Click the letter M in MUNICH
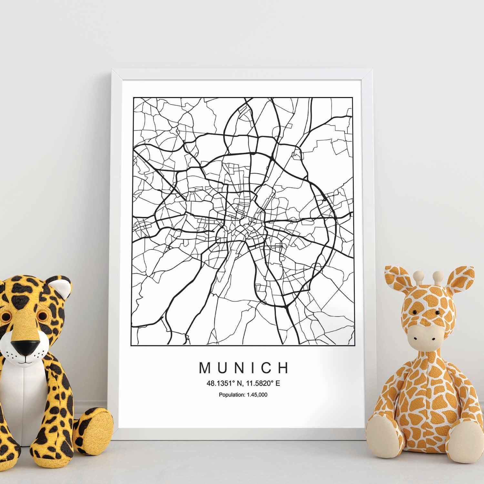205,368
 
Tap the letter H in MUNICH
283,368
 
